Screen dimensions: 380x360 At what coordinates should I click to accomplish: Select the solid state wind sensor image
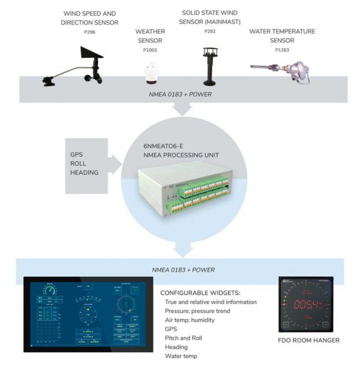(x=209, y=65)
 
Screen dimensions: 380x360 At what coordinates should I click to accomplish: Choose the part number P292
(x=209, y=32)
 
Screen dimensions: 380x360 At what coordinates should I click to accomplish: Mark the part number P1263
(x=282, y=50)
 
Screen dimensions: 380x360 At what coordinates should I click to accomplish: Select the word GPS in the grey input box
(x=77, y=155)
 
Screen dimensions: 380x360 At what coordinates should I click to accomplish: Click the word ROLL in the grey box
(x=79, y=164)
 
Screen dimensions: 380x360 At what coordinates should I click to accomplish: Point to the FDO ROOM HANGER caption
(x=308, y=340)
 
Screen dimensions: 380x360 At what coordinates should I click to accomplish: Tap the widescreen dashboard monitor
(x=89, y=314)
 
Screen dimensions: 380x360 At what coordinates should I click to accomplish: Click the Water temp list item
(x=181, y=356)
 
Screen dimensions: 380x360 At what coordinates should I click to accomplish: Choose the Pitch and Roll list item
(x=184, y=338)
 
